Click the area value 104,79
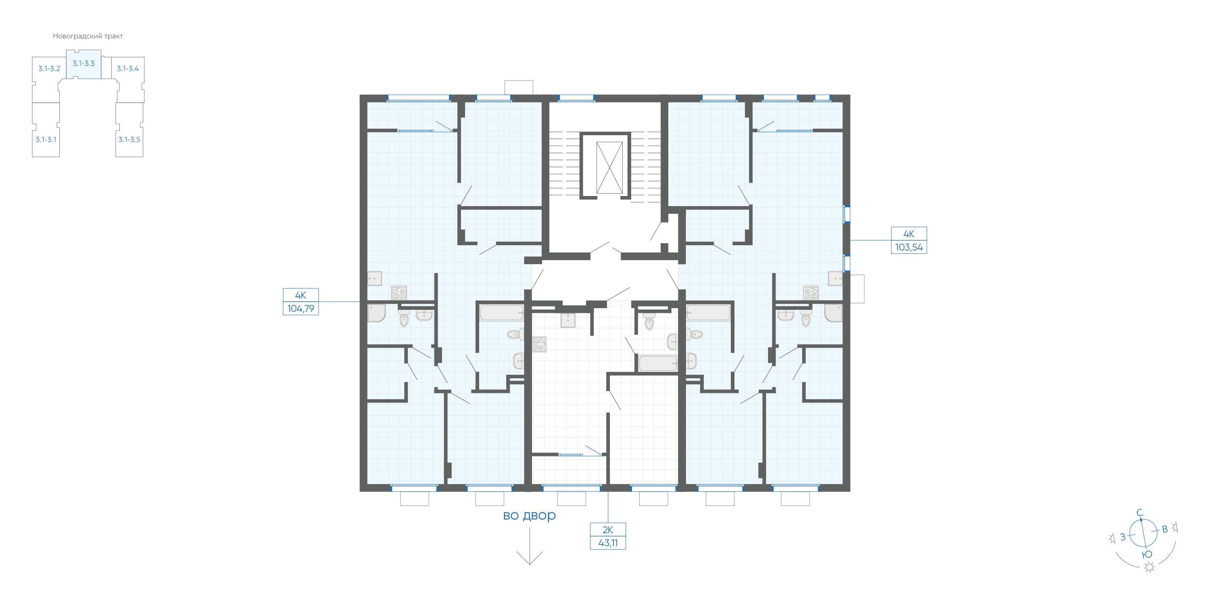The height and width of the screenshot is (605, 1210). coord(300,309)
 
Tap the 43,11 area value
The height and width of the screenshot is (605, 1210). coord(608,543)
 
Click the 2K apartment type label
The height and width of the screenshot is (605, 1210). coord(608,530)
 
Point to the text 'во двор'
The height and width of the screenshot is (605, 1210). coord(529,515)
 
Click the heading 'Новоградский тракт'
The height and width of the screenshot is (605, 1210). coord(88,36)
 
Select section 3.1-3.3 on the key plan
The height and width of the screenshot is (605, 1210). coord(83,63)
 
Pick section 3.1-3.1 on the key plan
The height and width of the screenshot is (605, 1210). coord(46,140)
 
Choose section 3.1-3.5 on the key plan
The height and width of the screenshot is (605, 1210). coord(129,140)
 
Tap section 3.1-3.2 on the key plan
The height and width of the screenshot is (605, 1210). coord(49,69)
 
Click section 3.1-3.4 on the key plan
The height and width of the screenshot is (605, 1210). coord(128,69)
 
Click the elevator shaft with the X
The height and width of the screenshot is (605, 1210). coord(609,168)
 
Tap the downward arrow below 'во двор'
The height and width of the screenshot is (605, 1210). coord(529,545)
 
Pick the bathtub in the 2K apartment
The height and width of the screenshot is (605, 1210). coord(658,363)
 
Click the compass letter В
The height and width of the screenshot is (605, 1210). coord(1165,529)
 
